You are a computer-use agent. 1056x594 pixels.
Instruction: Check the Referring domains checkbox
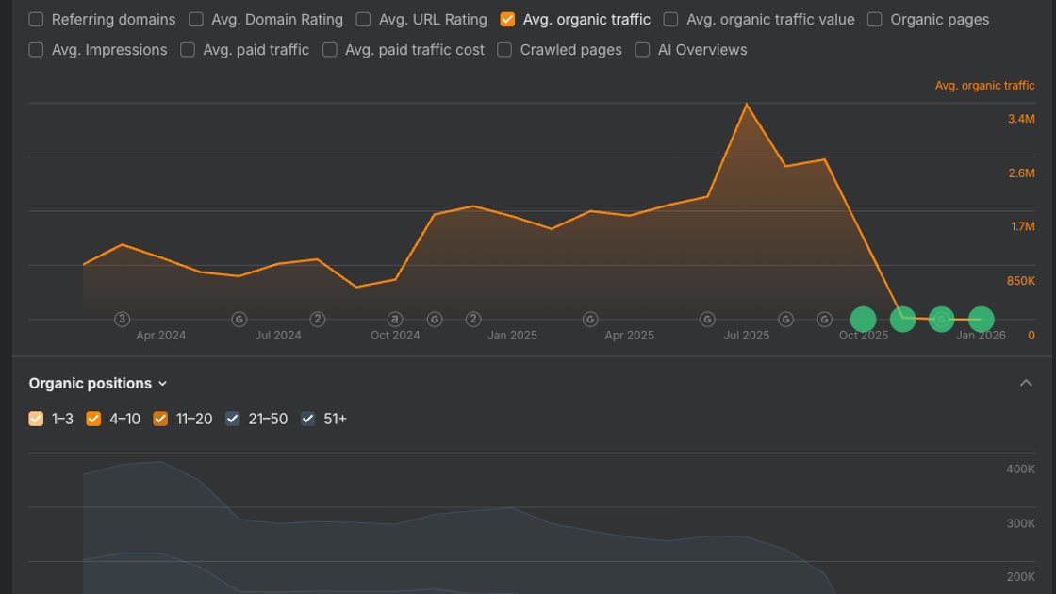(37, 20)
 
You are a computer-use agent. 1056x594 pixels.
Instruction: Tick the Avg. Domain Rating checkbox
(196, 20)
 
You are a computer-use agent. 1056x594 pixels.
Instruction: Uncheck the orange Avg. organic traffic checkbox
(508, 20)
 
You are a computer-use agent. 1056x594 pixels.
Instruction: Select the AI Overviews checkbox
(642, 50)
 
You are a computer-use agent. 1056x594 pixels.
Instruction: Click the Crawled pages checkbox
(504, 50)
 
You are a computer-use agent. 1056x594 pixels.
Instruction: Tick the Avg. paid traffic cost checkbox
(330, 50)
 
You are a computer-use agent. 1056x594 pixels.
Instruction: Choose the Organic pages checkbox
(875, 20)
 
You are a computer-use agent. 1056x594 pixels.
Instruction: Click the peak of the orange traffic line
(746, 104)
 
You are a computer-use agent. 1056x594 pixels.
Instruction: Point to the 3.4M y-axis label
(1021, 119)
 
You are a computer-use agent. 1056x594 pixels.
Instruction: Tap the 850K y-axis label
(1021, 281)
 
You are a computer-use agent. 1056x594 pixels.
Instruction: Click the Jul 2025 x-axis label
(746, 336)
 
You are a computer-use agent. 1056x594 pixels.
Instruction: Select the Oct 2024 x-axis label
(395, 336)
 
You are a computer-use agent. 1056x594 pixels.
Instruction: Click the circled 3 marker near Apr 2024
(122, 320)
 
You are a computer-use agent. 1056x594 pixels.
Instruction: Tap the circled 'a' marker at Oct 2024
(395, 320)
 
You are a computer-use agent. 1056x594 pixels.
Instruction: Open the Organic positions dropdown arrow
(162, 384)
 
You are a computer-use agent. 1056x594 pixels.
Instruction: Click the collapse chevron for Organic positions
(1026, 383)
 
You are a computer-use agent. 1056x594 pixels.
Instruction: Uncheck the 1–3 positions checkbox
(37, 419)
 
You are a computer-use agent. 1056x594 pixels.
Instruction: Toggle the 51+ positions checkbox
(307, 419)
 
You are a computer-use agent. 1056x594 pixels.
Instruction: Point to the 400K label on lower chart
(1020, 470)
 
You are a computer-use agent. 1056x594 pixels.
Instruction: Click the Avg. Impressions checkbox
(37, 50)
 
